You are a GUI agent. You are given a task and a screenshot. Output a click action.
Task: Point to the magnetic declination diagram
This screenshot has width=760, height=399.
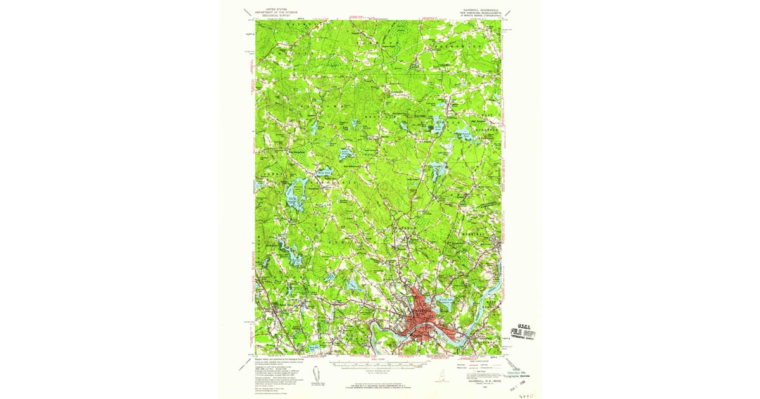coord(318,377)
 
